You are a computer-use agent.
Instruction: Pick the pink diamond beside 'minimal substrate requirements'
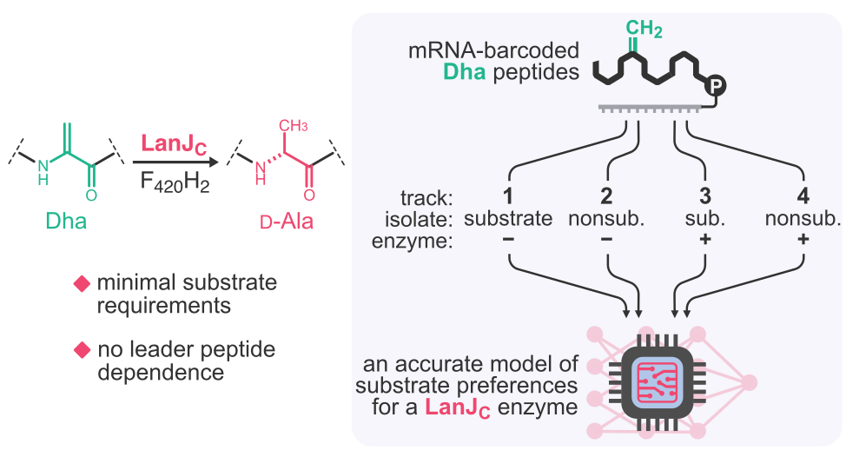[x=82, y=284]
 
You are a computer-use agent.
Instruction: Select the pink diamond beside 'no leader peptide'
[x=82, y=350]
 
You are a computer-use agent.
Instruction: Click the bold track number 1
[x=507, y=195]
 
